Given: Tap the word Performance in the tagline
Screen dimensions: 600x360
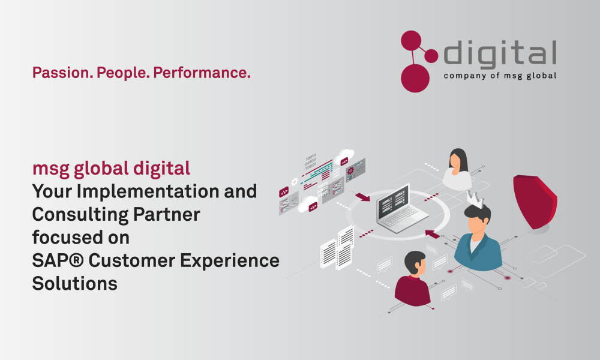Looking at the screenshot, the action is pos(202,73).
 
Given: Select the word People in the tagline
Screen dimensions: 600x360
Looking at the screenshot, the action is pos(123,73).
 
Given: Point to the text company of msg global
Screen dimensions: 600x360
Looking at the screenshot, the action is pos(500,76).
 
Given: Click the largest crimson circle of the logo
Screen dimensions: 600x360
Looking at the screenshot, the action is pos(415,78).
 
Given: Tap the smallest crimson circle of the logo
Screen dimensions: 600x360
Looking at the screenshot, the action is pos(431,56).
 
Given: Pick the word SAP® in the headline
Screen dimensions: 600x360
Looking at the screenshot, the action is pos(58,260).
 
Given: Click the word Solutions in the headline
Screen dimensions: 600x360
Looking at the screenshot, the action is pos(74,284).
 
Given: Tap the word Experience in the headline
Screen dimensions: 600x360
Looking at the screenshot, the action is pos(230,261).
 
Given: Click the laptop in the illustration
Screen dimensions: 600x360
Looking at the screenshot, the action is pos(402,209).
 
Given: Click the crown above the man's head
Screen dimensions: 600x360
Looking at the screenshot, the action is pos(475,199).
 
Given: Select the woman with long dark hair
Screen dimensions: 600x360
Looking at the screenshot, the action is pos(457,169).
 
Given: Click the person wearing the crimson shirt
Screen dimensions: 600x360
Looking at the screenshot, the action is pos(413,279).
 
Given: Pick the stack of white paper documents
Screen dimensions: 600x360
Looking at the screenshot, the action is pos(337,248).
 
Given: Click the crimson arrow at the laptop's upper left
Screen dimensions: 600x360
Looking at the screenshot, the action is pos(362,197).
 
